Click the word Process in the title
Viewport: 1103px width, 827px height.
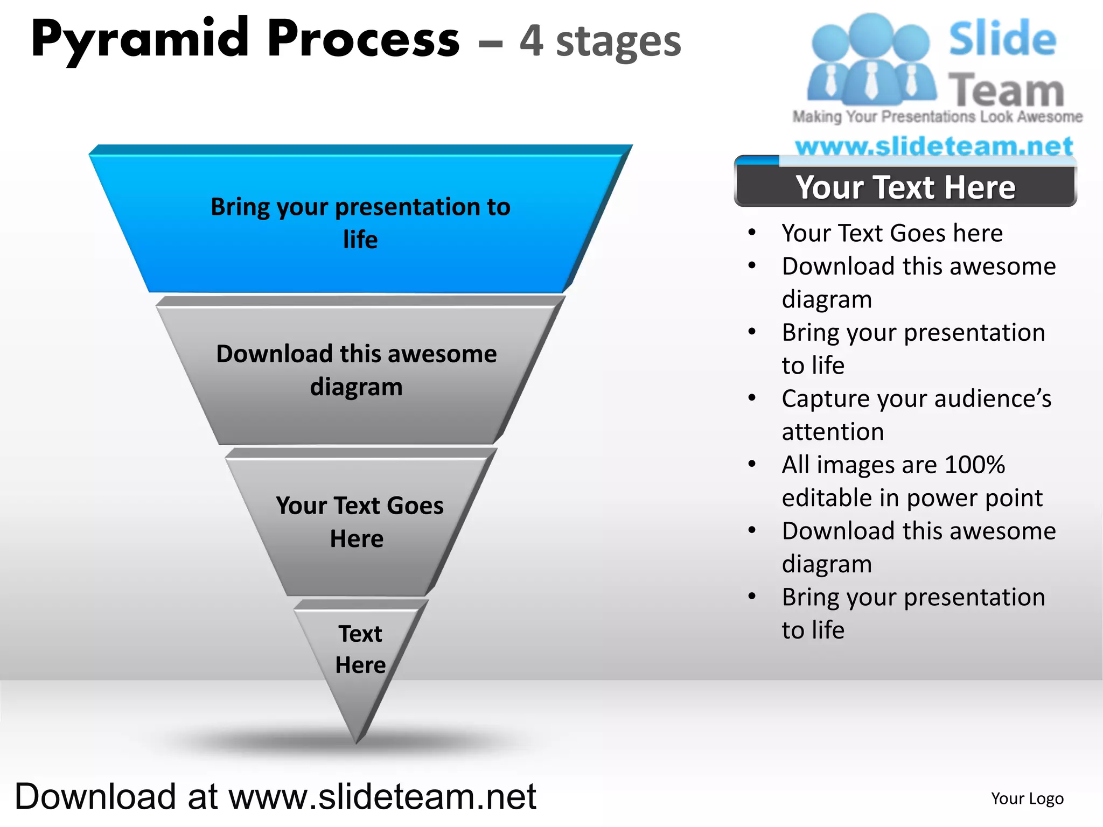coord(364,39)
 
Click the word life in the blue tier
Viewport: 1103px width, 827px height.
coord(360,240)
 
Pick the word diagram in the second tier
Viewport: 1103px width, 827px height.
coord(356,387)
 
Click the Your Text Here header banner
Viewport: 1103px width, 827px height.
coord(905,187)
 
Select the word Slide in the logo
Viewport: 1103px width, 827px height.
coord(1002,39)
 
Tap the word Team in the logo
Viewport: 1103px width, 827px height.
coord(1006,90)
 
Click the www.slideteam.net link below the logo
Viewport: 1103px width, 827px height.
coord(934,146)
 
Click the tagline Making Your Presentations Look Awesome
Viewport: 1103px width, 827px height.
coord(937,117)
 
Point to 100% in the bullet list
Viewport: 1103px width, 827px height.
coord(975,465)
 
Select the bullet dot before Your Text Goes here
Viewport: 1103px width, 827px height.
coord(752,233)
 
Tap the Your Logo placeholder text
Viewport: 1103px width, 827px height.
coord(1027,798)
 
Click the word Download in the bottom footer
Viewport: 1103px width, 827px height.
coord(95,796)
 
